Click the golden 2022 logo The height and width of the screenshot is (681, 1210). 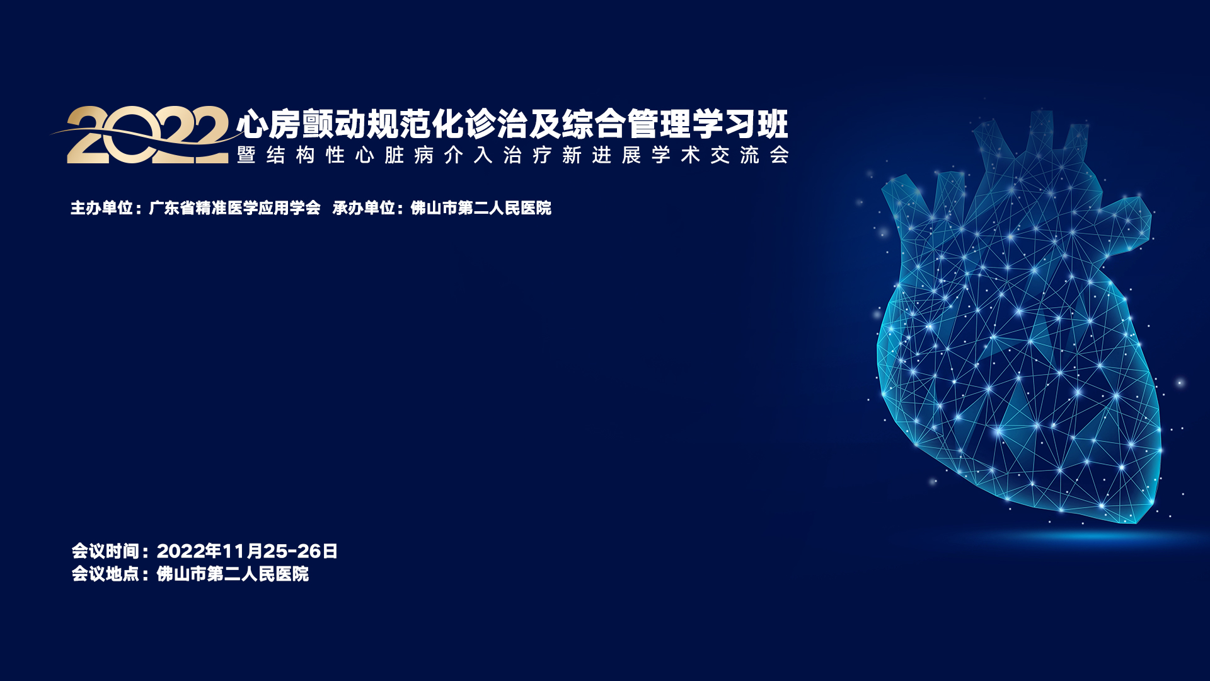click(x=148, y=135)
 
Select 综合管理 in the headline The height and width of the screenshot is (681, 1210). click(x=626, y=124)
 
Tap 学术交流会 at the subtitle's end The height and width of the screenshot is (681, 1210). click(x=720, y=155)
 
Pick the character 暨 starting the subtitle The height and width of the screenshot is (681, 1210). click(x=246, y=155)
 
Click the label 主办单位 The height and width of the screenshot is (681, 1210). click(x=101, y=207)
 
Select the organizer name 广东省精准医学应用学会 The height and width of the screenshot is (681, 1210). click(x=235, y=207)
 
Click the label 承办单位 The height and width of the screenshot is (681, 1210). click(x=364, y=207)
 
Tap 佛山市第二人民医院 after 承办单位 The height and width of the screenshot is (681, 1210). click(x=481, y=207)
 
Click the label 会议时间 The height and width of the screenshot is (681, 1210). click(x=105, y=551)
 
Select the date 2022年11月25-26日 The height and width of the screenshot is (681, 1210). click(x=247, y=551)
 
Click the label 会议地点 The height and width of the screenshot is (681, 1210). click(x=105, y=574)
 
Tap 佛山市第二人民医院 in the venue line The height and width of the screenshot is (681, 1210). click(x=233, y=574)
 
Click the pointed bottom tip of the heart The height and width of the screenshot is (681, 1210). click(x=1136, y=523)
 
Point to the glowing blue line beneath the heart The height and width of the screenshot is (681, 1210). click(x=1071, y=537)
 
